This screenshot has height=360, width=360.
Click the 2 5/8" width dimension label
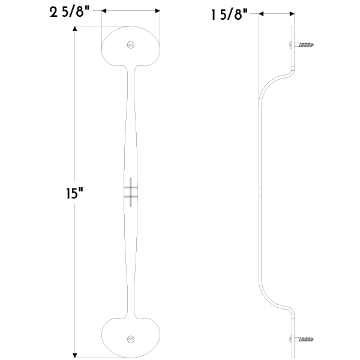pos(70,12)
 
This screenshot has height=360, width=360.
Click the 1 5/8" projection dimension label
pos(229,15)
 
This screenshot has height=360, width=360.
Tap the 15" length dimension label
pos(74,193)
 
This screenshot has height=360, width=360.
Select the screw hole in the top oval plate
pos(131,45)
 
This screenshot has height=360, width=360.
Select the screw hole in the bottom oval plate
pos(131,339)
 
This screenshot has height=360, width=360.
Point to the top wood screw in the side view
pos(302,44)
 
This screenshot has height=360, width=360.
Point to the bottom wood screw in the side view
pos(302,338)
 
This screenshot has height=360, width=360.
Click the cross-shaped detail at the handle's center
pos(131,192)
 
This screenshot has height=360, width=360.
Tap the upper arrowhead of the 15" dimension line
pos(75,29)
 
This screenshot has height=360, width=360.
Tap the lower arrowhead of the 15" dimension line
pos(75,355)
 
